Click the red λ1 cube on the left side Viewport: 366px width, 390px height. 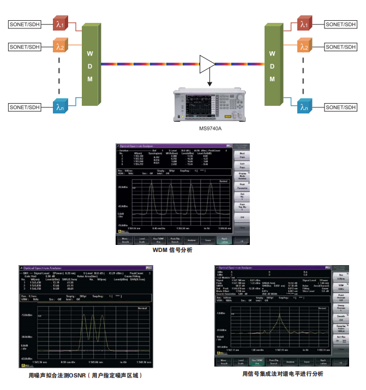click(59, 25)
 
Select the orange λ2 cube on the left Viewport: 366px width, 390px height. click(59, 47)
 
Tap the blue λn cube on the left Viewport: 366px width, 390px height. click(59, 107)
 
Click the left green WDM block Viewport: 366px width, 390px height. click(91, 65)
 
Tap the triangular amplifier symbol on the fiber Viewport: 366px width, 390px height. click(207, 64)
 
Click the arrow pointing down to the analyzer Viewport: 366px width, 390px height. click(207, 81)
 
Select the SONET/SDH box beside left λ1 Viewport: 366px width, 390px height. click(25, 25)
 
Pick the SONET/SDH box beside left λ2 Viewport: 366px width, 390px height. click(25, 47)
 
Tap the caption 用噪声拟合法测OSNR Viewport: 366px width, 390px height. click(88, 376)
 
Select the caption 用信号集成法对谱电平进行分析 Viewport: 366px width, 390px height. click(283, 374)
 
